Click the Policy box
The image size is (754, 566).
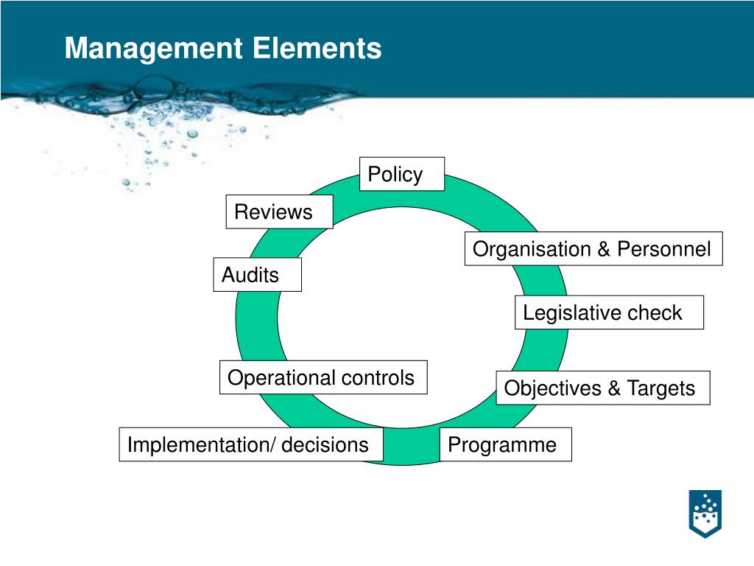401,175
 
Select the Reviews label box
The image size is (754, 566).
279,212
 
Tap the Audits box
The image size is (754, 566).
257,275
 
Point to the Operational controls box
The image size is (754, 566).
323,378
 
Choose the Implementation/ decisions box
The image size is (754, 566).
250,445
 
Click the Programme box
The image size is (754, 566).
505,445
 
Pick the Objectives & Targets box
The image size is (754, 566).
602,388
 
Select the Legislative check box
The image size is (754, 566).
609,312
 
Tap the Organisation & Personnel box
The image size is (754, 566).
593,249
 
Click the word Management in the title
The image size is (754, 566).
153,49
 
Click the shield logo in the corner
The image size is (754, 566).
705,513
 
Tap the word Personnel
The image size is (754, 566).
664,249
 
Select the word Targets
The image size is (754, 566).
660,388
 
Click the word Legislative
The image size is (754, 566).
562,312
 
